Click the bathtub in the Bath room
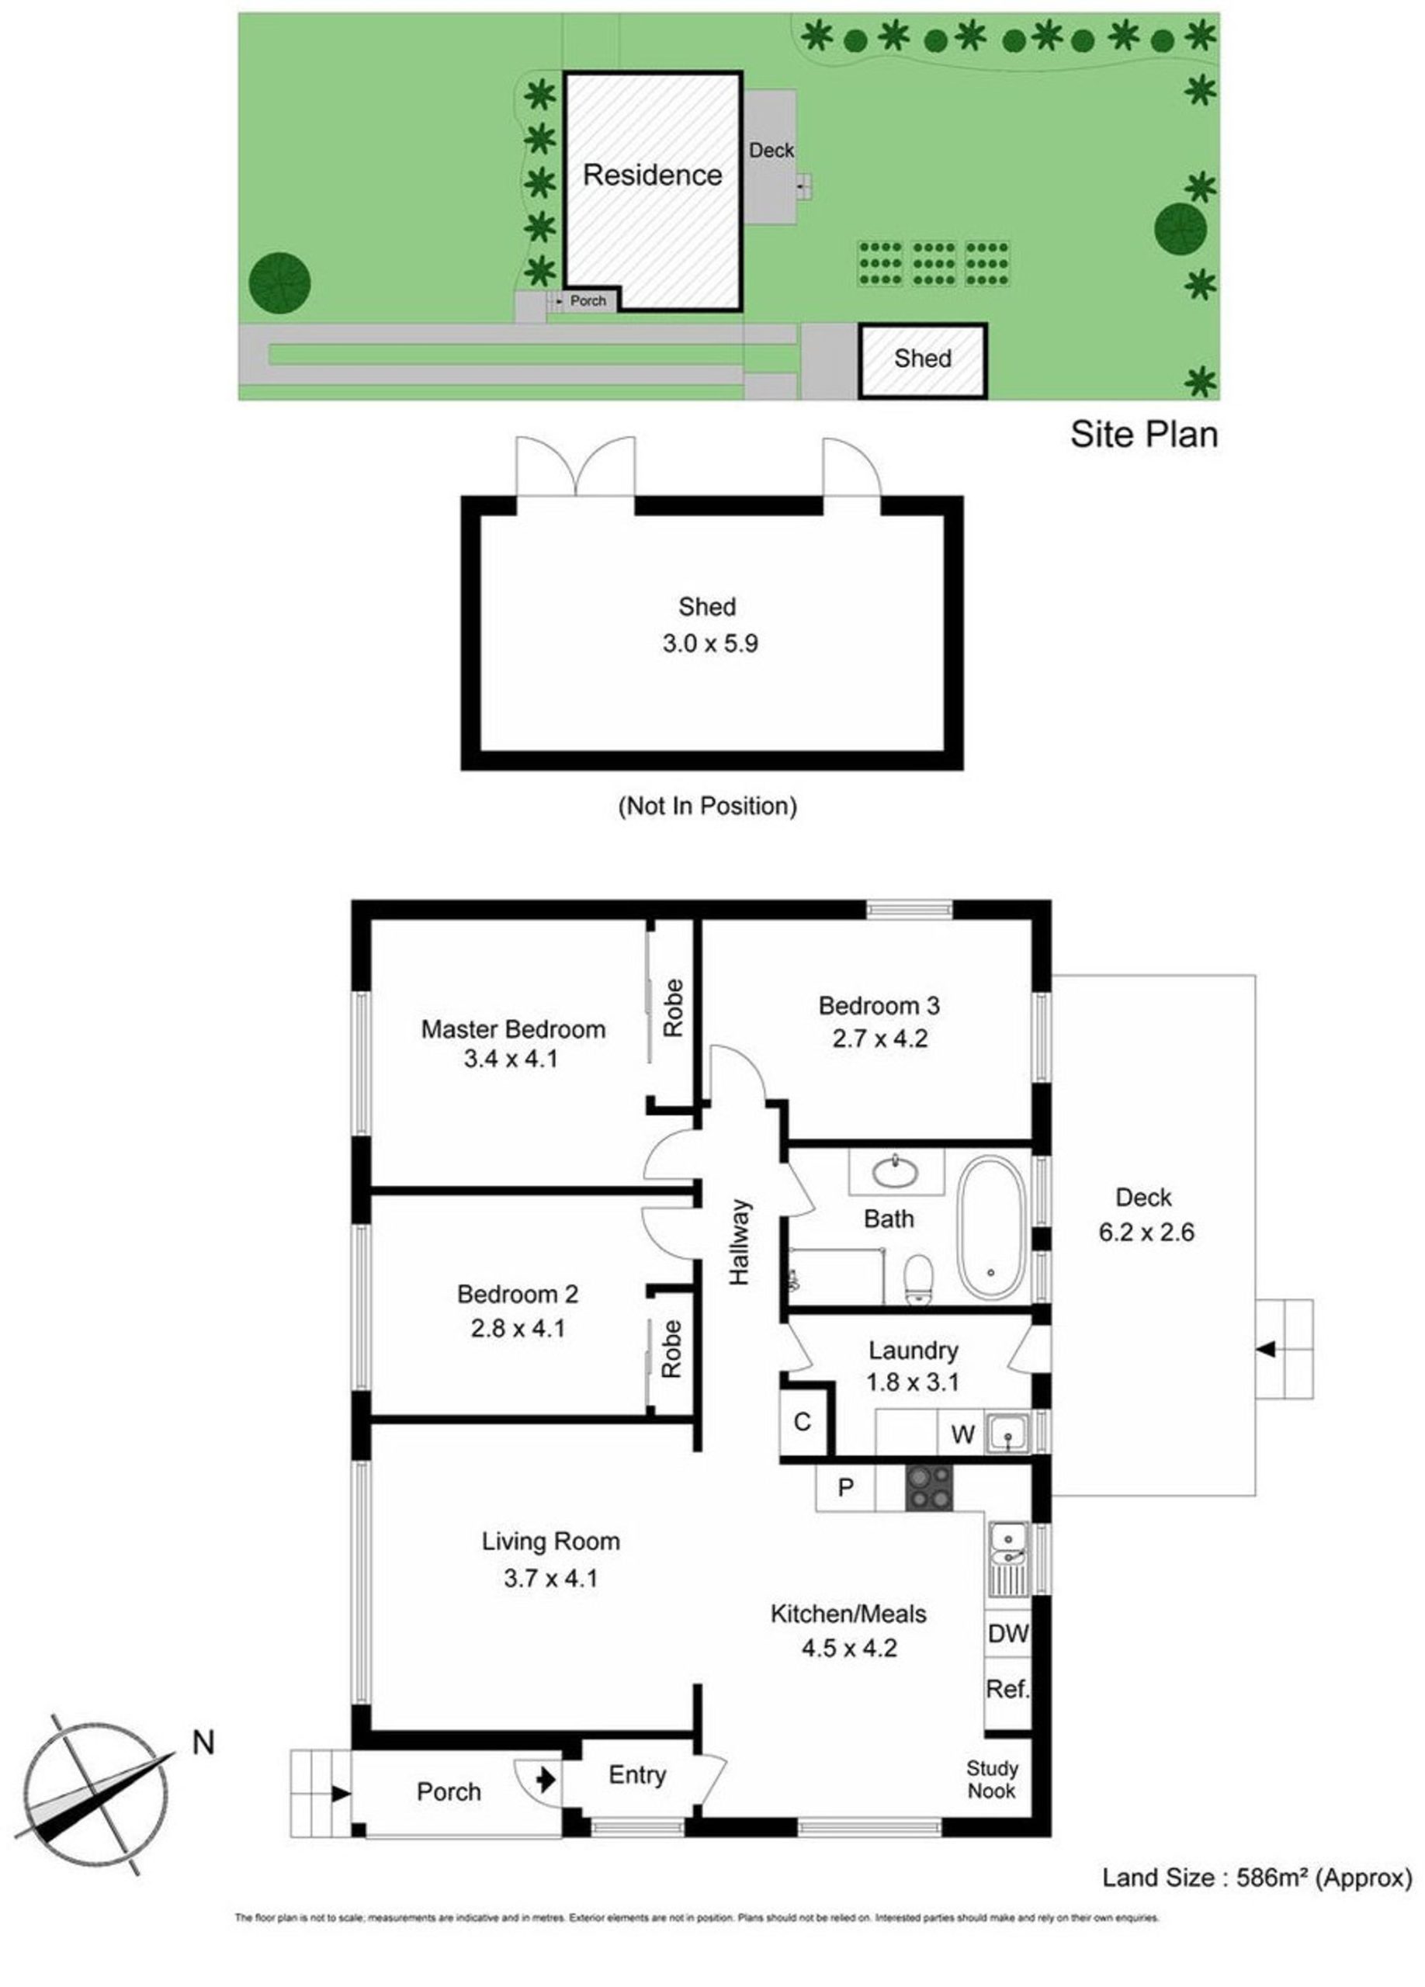(991, 1229)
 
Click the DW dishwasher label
(1007, 1634)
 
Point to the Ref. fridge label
(1007, 1688)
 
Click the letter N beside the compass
(203, 1743)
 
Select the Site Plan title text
(1144, 435)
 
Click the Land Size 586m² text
(1257, 1871)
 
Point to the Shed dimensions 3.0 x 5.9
(709, 644)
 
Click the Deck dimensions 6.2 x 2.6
(1146, 1232)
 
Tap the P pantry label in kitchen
(845, 1486)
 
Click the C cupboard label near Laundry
(803, 1422)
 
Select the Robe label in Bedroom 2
(671, 1349)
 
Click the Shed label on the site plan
(922, 359)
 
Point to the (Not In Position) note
(708, 806)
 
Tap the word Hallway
(740, 1243)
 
